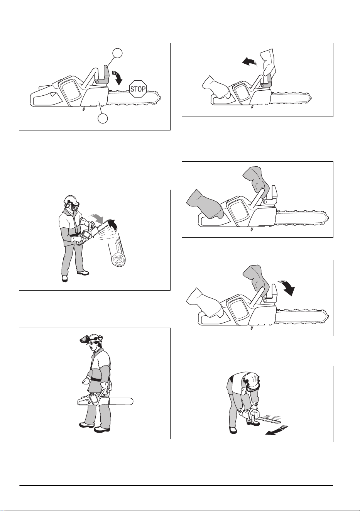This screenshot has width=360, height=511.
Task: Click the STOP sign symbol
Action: [x=138, y=89]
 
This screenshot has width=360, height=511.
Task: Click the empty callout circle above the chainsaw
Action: [x=117, y=53]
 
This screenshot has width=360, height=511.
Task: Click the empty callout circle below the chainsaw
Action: [x=103, y=118]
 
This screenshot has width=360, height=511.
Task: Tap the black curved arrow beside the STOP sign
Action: [x=118, y=77]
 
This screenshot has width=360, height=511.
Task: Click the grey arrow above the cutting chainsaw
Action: [x=97, y=218]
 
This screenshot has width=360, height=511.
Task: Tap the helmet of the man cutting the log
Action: [x=72, y=200]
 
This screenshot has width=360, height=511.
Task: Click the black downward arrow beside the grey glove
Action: [x=287, y=288]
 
